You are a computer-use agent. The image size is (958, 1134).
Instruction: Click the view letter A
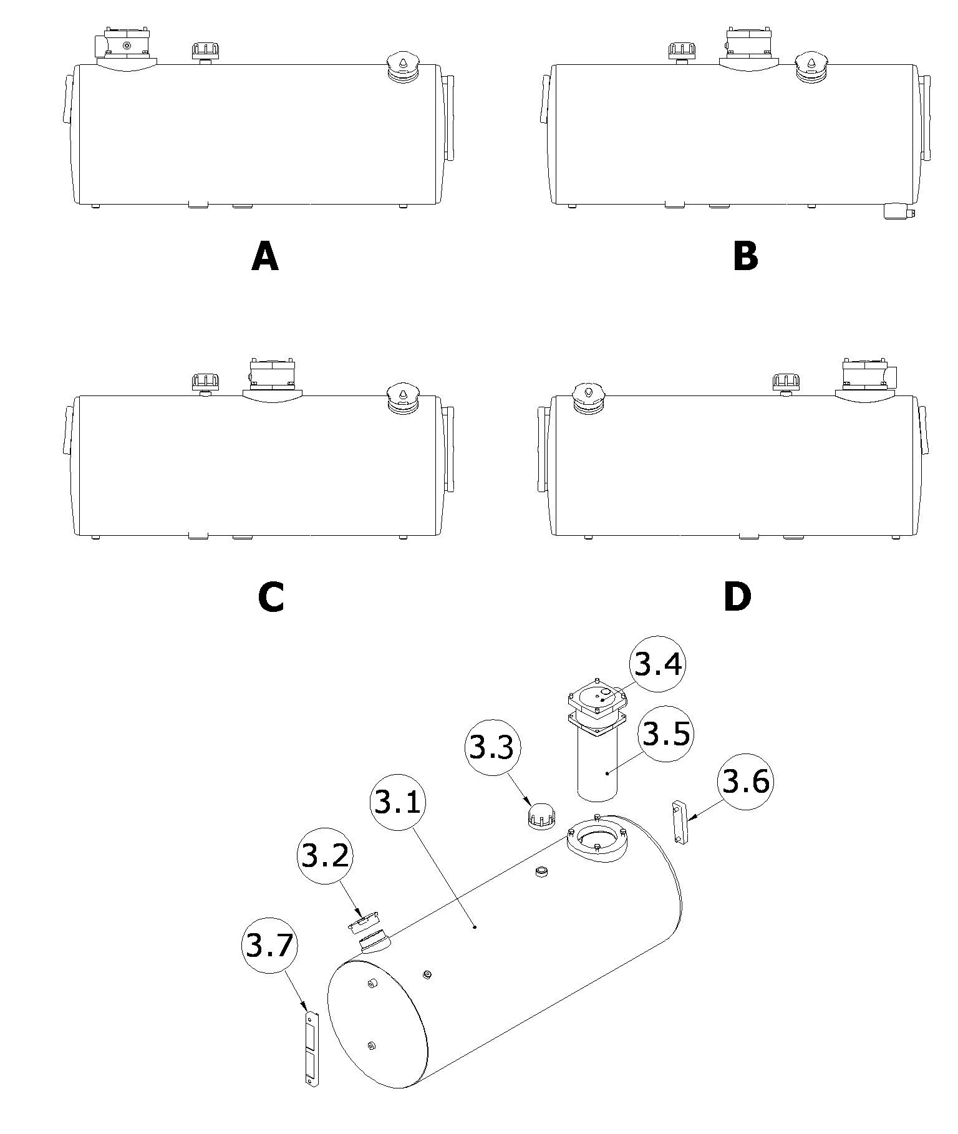pyautogui.click(x=265, y=256)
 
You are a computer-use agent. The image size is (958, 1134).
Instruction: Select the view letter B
pyautogui.click(x=745, y=256)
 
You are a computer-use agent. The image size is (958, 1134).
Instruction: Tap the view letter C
pyautogui.click(x=271, y=597)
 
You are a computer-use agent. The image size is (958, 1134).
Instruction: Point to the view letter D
pyautogui.click(x=738, y=597)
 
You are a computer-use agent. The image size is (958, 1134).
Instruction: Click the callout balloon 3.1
pyautogui.click(x=397, y=802)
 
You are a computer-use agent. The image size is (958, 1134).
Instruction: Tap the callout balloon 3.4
pyautogui.click(x=657, y=664)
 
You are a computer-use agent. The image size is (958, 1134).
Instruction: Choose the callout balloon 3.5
pyautogui.click(x=666, y=734)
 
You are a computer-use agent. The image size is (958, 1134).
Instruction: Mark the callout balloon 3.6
pyautogui.click(x=746, y=782)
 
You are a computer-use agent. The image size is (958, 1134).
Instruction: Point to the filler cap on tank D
pyautogui.click(x=588, y=398)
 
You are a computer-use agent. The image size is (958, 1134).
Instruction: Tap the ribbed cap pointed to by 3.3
pyautogui.click(x=541, y=815)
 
